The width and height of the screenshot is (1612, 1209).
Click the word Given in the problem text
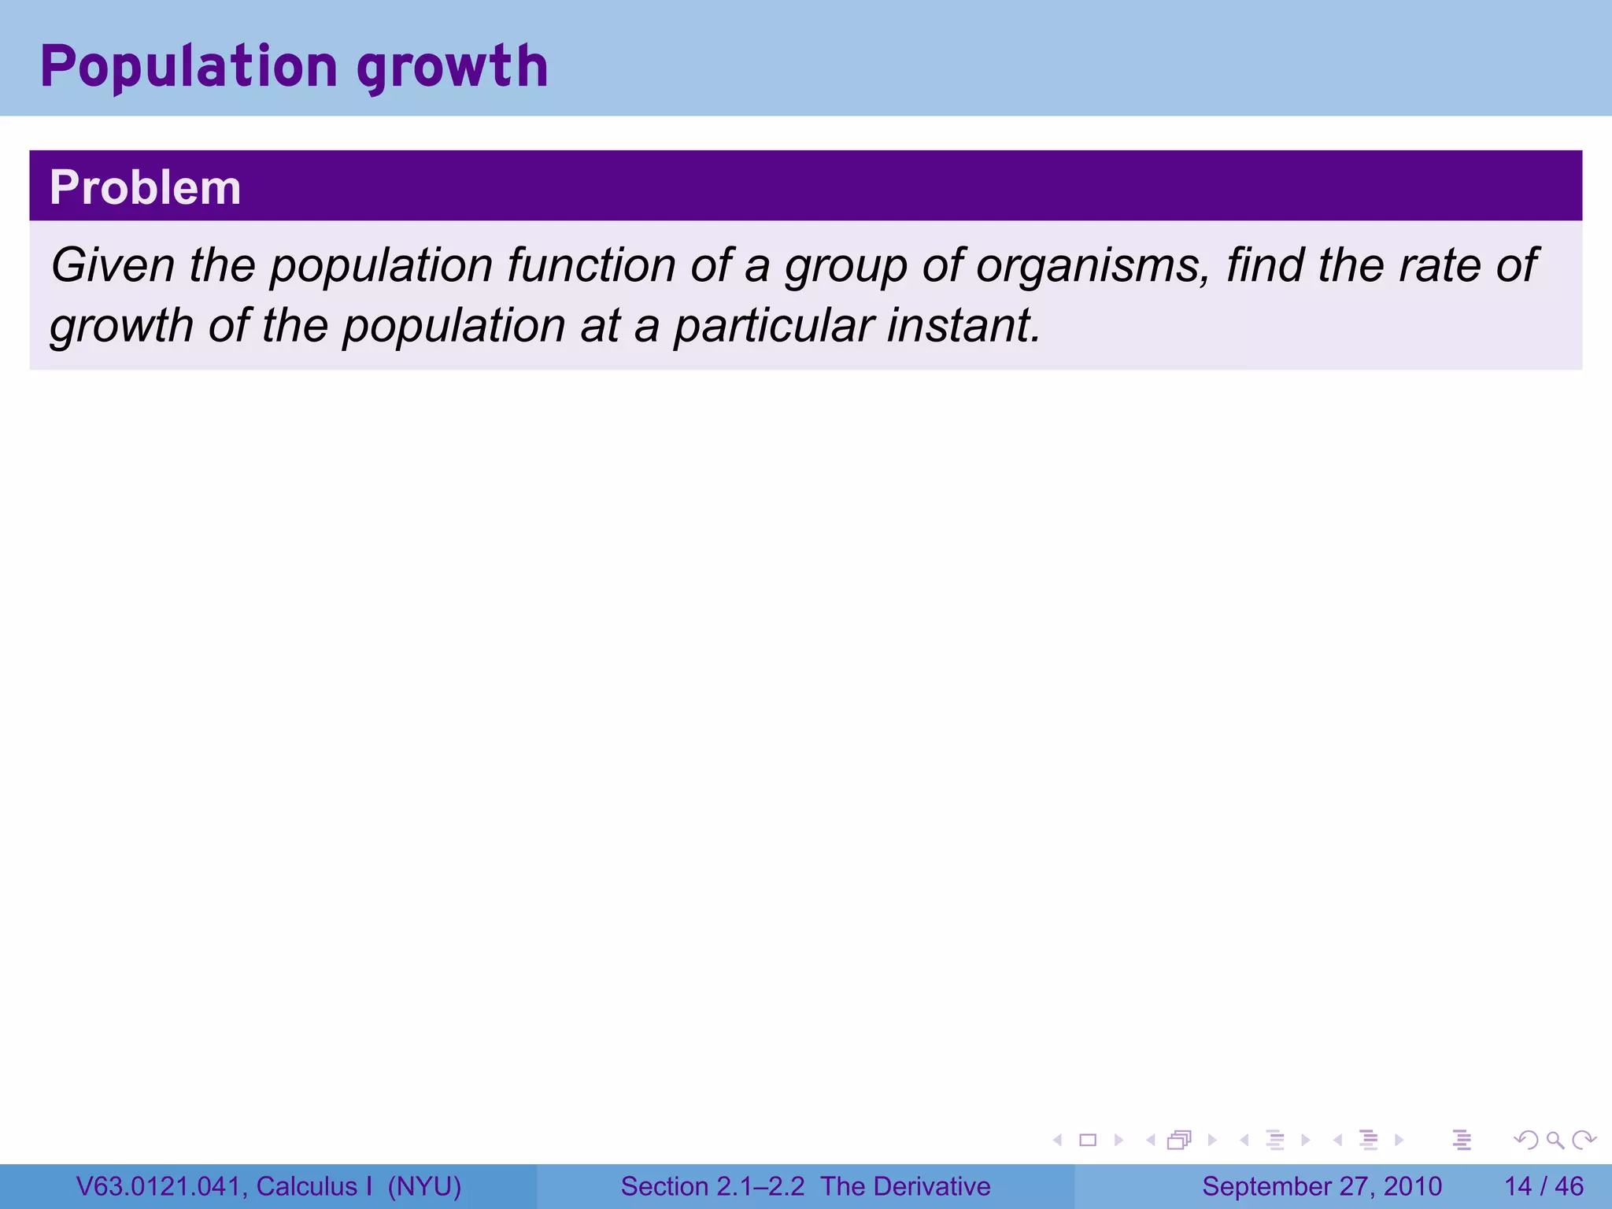[x=112, y=265]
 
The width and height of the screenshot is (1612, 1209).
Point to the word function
[x=591, y=265]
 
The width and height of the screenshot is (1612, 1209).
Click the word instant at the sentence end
[x=963, y=326]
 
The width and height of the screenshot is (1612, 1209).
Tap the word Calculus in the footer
[x=306, y=1186]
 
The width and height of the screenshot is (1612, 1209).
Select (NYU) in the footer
[x=424, y=1186]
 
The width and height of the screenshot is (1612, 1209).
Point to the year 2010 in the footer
[x=1413, y=1186]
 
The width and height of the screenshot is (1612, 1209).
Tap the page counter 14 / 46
[x=1544, y=1186]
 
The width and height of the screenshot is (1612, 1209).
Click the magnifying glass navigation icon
[x=1555, y=1140]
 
